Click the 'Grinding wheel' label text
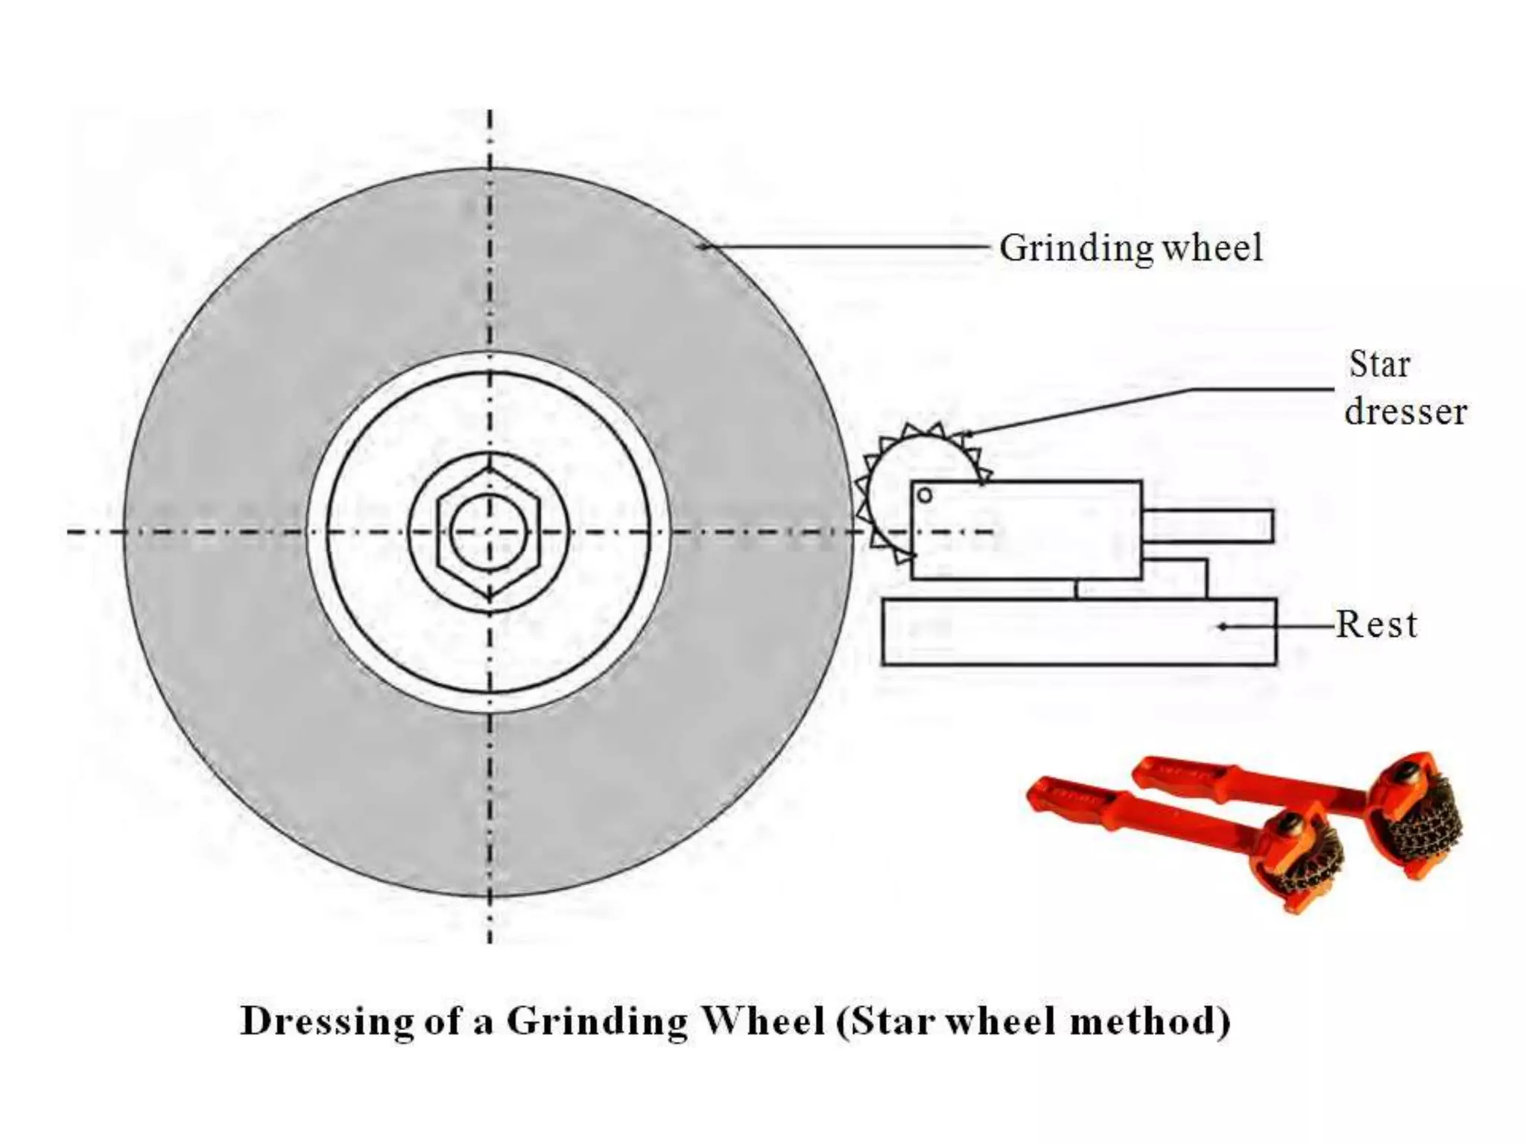point(1130,248)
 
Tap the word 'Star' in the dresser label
point(1379,365)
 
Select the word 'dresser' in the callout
point(1405,412)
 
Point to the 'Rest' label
point(1376,624)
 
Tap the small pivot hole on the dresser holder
point(925,495)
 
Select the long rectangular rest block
point(1078,632)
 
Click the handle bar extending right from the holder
point(1208,526)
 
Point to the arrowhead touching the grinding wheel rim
point(703,247)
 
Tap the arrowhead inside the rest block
point(1222,626)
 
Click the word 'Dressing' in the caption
point(327,1021)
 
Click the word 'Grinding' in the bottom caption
point(597,1021)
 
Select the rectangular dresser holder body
point(1026,530)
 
